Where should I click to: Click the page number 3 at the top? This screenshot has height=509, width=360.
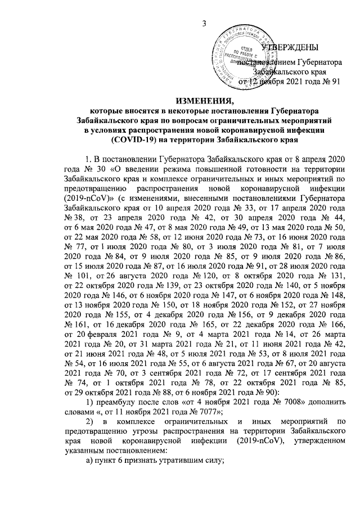point(205,22)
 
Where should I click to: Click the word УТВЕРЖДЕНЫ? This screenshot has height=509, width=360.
point(292,47)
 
